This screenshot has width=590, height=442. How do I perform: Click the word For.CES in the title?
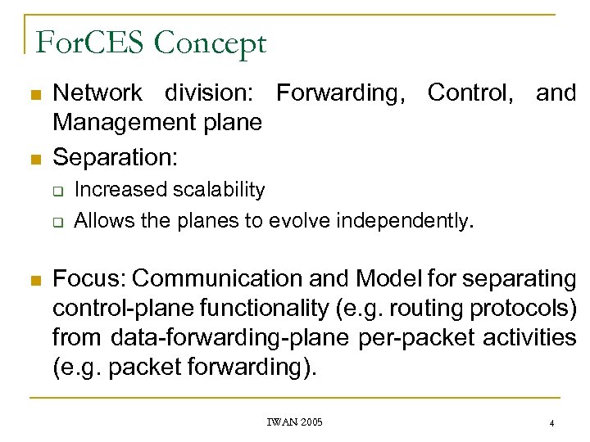pos(85,43)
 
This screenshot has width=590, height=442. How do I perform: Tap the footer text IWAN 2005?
pos(294,422)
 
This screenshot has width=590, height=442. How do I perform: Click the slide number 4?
pos(552,423)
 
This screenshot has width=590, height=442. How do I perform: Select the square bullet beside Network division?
pos(34,95)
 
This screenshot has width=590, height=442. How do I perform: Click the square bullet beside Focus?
pos(34,280)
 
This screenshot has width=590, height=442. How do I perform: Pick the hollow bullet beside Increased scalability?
pos(60,191)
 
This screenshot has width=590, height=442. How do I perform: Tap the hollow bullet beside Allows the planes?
pos(60,220)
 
